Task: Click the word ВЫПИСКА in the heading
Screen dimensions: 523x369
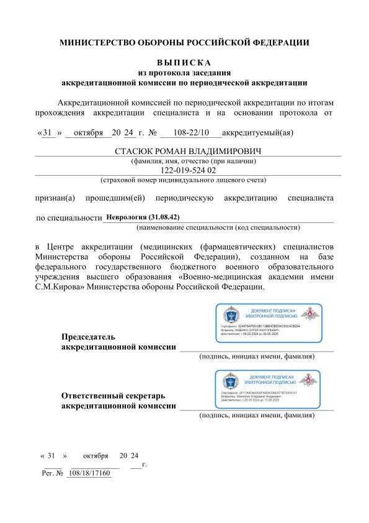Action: point(184,62)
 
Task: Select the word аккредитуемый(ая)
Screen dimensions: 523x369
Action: point(257,132)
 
